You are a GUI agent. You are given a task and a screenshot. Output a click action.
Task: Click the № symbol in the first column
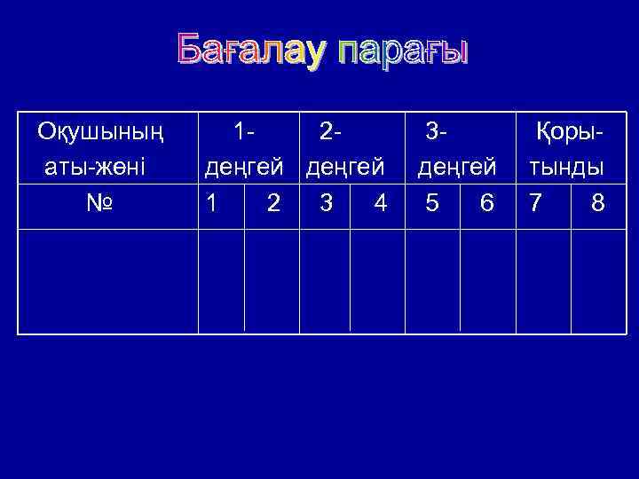tap(99, 204)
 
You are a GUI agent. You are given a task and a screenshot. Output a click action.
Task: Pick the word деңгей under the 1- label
tap(244, 168)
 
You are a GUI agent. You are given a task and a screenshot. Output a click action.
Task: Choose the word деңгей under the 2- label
tap(345, 168)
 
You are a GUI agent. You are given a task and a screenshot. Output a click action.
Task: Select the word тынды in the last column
tap(566, 168)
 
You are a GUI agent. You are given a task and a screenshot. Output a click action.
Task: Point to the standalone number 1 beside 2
tap(210, 204)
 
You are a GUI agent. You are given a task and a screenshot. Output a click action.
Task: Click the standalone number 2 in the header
tap(274, 204)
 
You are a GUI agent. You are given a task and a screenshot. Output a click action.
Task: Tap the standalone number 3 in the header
tap(327, 204)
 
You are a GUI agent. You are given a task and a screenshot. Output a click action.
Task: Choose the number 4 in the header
tap(380, 204)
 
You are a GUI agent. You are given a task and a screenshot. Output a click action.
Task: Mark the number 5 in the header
tap(432, 204)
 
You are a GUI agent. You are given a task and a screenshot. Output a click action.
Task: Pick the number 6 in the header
tap(485, 204)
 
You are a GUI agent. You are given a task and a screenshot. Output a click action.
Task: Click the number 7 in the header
tap(535, 204)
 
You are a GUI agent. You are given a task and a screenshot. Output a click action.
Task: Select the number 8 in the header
tap(598, 204)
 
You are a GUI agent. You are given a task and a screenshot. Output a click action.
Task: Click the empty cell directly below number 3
tap(325, 280)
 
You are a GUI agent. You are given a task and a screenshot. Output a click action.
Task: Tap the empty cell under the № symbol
tap(107, 280)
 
